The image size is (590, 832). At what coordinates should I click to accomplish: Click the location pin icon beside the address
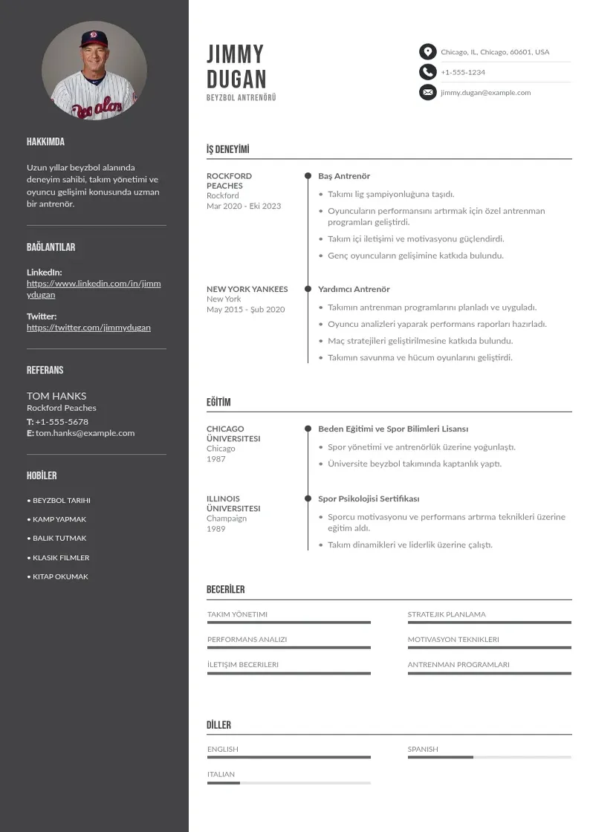point(427,52)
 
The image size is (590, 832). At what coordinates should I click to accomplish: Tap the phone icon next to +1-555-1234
point(427,72)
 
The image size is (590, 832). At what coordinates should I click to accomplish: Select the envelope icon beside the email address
point(427,93)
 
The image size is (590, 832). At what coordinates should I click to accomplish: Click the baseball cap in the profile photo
point(94,39)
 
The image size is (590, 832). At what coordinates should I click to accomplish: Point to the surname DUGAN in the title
point(236,79)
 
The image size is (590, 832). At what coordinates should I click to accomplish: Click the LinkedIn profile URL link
point(94,289)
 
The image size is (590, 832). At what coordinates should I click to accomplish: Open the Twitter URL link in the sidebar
point(88,328)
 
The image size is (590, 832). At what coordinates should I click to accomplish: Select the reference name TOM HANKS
point(56,396)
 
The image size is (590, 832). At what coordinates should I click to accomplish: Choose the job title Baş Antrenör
point(344,176)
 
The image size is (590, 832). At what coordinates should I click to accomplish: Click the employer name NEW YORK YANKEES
point(247,289)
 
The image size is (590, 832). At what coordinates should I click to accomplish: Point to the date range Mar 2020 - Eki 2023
point(244,206)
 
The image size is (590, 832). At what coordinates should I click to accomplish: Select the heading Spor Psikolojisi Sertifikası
point(369,498)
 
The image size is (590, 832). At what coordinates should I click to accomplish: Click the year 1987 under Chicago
point(216,459)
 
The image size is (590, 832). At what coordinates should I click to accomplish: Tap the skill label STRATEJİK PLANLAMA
point(447,614)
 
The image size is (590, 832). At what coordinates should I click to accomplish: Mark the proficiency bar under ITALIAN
point(288,783)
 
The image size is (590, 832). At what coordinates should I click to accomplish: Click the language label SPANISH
point(423,750)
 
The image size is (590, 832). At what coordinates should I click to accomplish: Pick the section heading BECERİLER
point(225,590)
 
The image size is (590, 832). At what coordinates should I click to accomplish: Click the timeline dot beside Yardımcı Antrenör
point(308,289)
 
